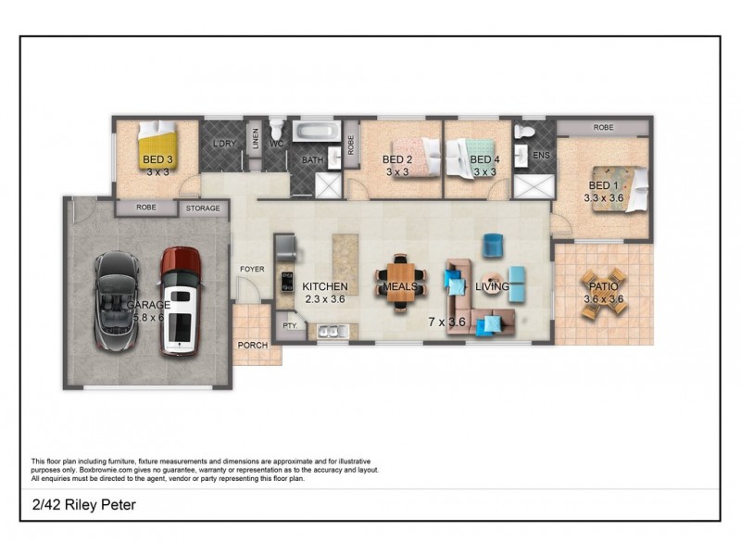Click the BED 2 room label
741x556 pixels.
point(396,159)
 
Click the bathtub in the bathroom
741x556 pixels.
point(318,134)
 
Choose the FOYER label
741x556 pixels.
point(252,270)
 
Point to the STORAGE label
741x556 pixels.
point(203,208)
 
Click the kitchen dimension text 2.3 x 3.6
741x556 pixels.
point(325,299)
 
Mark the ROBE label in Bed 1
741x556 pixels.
point(603,126)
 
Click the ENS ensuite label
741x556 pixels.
point(541,155)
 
